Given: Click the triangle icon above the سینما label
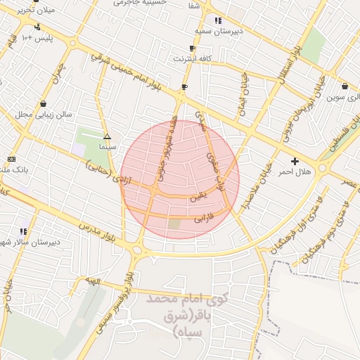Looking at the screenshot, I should (107, 136).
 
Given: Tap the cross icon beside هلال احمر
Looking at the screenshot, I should (295, 161).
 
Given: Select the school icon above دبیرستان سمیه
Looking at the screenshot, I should (218, 20).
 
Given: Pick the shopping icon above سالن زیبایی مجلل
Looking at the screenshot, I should (44, 103).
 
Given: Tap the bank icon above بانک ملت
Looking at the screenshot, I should (11, 159).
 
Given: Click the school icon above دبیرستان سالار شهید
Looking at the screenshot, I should (23, 231).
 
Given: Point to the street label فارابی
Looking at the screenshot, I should (202, 218).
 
